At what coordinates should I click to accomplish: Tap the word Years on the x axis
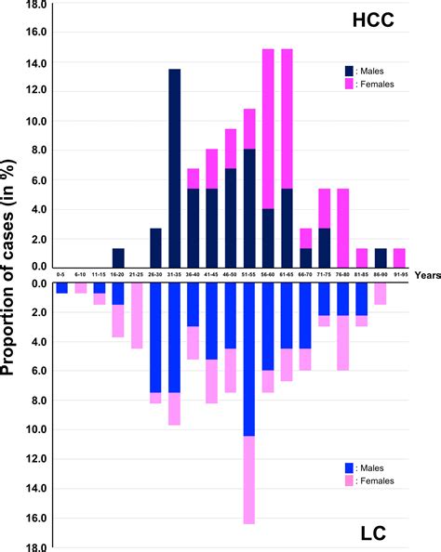(423, 275)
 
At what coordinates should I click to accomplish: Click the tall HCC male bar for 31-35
(174, 167)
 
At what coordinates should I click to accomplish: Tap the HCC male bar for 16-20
(118, 257)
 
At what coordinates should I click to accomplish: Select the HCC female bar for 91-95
(399, 257)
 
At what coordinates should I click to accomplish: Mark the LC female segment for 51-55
(249, 480)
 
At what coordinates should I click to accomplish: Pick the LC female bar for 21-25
(137, 316)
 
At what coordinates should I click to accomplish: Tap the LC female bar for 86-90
(381, 294)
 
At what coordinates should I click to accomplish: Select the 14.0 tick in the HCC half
(37, 62)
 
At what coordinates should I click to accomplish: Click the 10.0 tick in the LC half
(37, 429)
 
